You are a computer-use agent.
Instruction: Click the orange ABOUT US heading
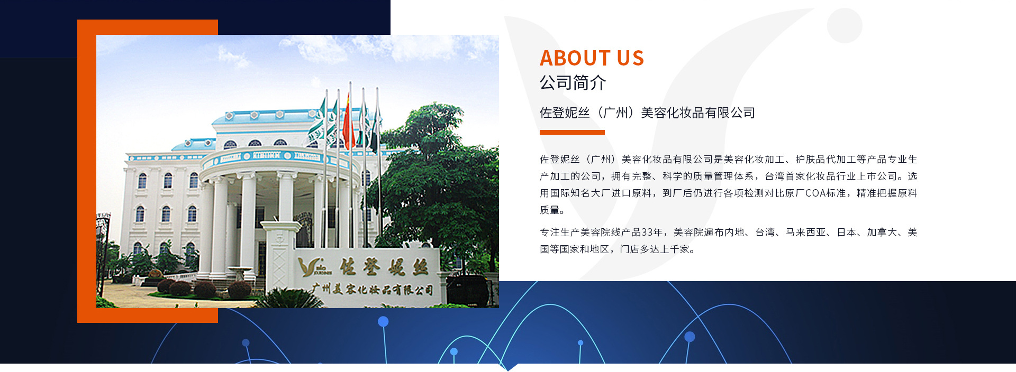point(592,58)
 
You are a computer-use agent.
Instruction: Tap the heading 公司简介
point(573,82)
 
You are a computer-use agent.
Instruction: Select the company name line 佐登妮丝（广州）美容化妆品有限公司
point(647,113)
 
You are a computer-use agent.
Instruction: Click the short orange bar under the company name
point(572,132)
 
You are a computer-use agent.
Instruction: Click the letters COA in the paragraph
point(815,193)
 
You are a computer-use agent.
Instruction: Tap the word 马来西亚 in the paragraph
point(805,232)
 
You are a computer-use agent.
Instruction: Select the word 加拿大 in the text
point(882,232)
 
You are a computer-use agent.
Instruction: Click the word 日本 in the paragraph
point(847,232)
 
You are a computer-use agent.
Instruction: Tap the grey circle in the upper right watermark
point(845,25)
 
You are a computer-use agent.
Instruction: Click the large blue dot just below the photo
point(383,321)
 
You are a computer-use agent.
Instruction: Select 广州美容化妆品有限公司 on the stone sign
point(373,289)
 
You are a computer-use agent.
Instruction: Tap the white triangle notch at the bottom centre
point(508,367)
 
